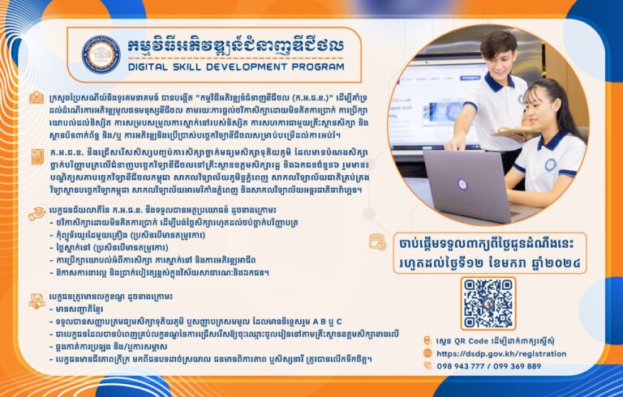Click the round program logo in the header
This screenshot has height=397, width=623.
point(101,54)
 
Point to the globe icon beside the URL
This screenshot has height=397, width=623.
point(428,353)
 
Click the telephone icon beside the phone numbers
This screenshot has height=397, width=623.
point(428,365)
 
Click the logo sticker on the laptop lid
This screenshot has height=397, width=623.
point(462,184)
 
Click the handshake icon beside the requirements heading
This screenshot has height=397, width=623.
point(37,299)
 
